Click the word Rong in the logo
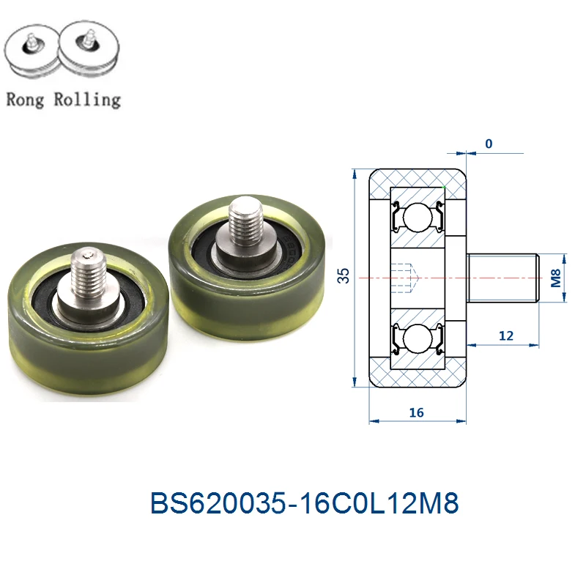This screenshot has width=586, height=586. (25, 100)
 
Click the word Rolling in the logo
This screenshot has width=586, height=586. (87, 100)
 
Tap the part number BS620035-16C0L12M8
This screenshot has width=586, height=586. (304, 502)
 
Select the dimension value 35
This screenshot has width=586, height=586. (344, 275)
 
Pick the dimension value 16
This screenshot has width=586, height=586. (416, 412)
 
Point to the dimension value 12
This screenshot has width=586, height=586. (506, 335)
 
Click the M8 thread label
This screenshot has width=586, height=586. (556, 278)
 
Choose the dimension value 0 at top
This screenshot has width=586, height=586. (489, 144)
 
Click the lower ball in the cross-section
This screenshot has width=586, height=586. (418, 338)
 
